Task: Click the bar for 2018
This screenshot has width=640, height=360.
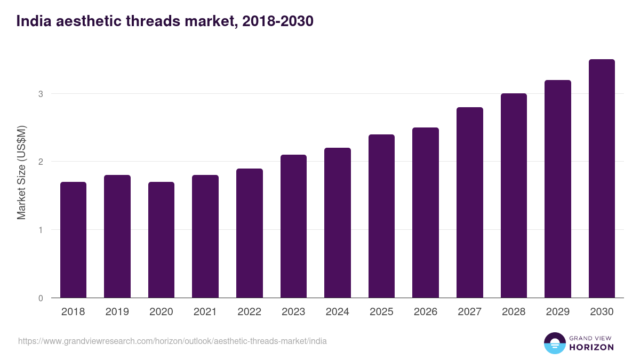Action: (73, 240)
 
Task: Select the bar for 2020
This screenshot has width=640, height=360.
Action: (161, 240)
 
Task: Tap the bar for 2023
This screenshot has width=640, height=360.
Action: (293, 226)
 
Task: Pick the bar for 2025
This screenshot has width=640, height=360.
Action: (381, 216)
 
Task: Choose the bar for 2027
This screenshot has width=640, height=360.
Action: (469, 203)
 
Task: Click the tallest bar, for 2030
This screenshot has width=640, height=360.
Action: (602, 179)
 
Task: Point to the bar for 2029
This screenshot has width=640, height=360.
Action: (557, 189)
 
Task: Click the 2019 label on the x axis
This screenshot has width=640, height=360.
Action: (117, 312)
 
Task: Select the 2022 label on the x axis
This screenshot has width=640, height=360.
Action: (249, 312)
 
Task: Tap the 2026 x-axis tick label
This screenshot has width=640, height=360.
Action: (426, 312)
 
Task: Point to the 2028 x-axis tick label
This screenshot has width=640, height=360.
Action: (514, 312)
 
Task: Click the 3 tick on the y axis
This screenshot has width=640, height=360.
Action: (40, 94)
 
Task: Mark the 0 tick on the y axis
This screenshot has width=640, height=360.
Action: (40, 298)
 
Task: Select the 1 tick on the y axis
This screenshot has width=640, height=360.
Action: (40, 230)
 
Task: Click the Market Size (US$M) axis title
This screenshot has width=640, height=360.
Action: (21, 172)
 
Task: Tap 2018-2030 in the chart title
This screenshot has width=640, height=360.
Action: (277, 21)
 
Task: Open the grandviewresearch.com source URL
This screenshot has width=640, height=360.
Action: (172, 341)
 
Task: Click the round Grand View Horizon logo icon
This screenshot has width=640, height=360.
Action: (554, 343)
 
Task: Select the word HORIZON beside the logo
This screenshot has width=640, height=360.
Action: (591, 347)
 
